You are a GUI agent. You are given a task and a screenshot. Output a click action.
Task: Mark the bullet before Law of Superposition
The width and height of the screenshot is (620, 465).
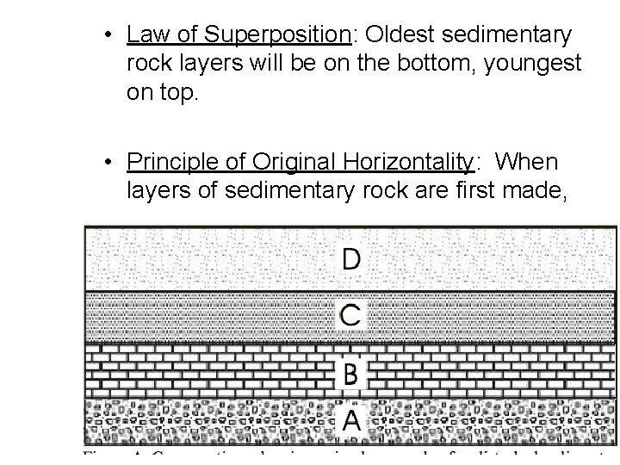(x=106, y=36)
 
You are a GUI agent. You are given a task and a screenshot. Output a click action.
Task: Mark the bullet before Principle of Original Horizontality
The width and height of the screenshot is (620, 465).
(x=106, y=163)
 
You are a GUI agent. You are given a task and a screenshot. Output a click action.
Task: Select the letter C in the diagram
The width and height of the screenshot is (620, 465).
(x=350, y=315)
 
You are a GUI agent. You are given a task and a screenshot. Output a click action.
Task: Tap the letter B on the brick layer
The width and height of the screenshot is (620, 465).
(x=350, y=373)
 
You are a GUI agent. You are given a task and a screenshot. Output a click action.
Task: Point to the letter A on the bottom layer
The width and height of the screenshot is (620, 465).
(x=351, y=420)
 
